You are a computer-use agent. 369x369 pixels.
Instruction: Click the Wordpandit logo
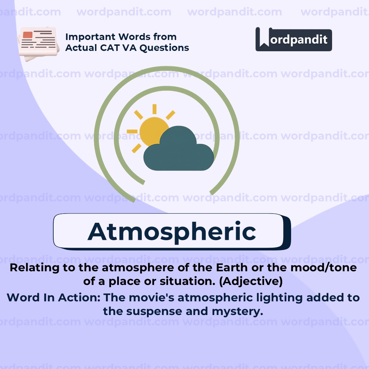tap(294, 39)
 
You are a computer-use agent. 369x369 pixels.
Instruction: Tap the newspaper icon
tap(38, 43)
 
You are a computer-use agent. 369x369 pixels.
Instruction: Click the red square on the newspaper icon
tap(28, 35)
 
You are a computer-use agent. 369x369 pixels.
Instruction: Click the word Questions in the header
tap(164, 48)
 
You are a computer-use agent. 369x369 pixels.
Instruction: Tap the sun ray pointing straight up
tap(154, 109)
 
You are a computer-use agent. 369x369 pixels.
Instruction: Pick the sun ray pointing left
tap(132, 131)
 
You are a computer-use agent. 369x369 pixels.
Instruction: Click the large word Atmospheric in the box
tap(172, 232)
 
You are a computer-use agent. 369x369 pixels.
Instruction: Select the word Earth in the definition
tap(232, 268)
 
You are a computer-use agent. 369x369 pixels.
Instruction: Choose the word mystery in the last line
tap(237, 312)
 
